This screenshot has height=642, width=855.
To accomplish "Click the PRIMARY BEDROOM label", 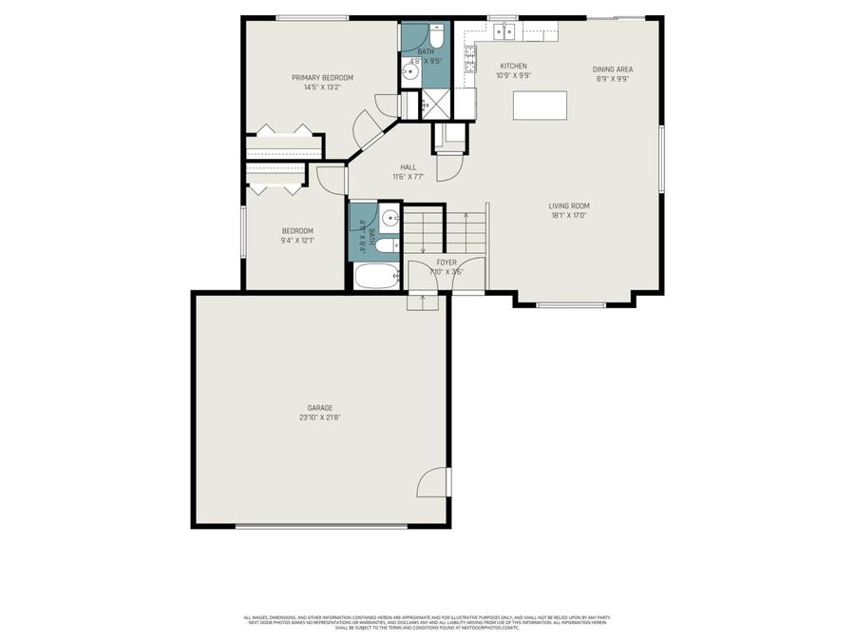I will [322, 77].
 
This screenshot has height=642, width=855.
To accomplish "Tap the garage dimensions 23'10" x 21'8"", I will [319, 417].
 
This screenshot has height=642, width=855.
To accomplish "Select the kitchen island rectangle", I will [540, 105].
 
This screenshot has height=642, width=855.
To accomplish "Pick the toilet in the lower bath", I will [386, 245].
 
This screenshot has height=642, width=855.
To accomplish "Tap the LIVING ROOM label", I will [569, 205].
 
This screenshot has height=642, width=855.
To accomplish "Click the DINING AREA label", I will [613, 69].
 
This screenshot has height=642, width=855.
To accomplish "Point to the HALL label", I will [408, 167].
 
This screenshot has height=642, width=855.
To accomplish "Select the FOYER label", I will [446, 262].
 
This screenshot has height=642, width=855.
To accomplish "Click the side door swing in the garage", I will [433, 482].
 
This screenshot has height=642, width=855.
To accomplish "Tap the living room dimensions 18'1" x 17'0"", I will [569, 215].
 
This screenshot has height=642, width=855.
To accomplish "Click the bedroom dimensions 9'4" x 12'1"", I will [297, 240].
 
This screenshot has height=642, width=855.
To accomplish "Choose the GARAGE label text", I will [319, 407].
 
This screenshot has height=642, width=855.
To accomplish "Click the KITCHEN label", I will [513, 66].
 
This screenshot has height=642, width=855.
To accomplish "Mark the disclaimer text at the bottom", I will [427, 622].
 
